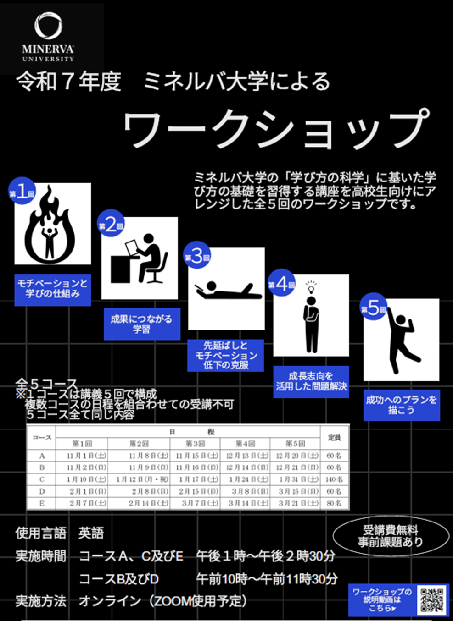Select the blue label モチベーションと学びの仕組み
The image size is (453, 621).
click(x=52, y=289)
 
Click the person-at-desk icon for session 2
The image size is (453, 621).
click(x=140, y=258)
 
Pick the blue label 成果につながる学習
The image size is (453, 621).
click(x=141, y=324)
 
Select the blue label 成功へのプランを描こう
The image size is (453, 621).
click(x=402, y=405)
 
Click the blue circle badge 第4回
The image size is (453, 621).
click(x=281, y=284)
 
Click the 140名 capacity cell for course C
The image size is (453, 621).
click(x=334, y=479)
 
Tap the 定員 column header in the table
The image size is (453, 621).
click(x=334, y=438)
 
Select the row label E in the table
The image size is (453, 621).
click(x=42, y=503)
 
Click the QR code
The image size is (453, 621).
click(x=432, y=599)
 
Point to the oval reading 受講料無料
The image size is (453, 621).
click(x=391, y=536)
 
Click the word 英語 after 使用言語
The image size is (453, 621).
click(x=91, y=533)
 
